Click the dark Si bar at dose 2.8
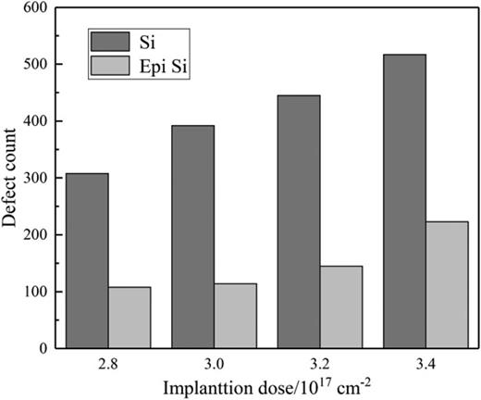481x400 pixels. click(87, 261)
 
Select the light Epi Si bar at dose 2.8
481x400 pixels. click(129, 318)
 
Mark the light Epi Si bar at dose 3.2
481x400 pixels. click(341, 307)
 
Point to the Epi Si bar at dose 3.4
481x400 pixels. click(447, 285)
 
